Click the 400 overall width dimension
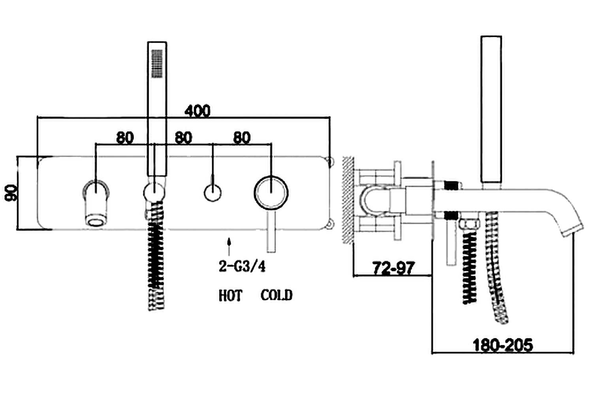197,111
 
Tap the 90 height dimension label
12,193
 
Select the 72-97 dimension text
393,269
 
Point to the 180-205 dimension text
502,345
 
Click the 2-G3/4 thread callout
242,266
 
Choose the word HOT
230,295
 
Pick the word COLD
276,295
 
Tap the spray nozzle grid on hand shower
157,63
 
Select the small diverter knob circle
213,193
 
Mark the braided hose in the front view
156,261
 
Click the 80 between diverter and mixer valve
242,138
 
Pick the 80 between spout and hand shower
125,138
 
